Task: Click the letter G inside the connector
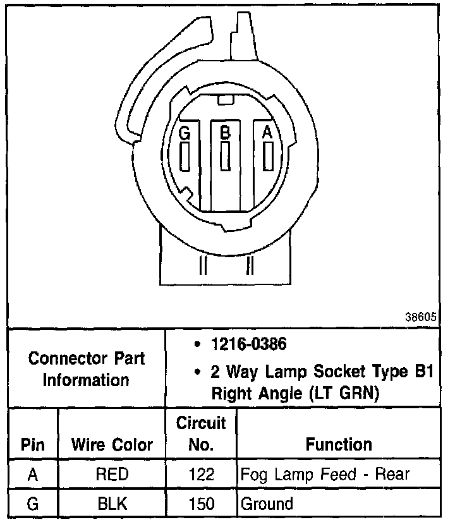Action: point(184,133)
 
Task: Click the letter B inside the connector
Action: point(224,133)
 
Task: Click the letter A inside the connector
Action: point(267,133)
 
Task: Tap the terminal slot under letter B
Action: point(224,155)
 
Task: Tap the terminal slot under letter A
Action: point(268,155)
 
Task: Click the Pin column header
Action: point(33,444)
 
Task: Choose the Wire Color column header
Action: point(111,444)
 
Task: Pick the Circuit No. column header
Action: point(201,433)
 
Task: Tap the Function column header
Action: point(339,444)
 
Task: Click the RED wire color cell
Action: point(111,475)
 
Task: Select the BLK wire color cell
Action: point(111,504)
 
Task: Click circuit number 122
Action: point(201,475)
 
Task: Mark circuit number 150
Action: point(201,504)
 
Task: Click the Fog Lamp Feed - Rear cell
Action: point(325,475)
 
